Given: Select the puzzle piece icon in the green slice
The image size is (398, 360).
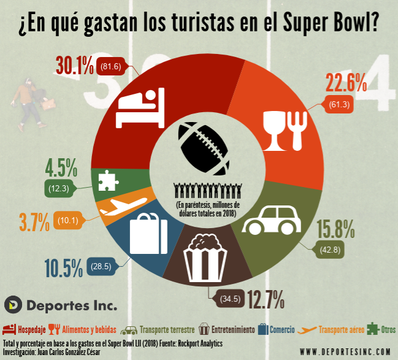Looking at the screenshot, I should point(107,180).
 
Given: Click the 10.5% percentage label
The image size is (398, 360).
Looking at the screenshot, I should point(63,267).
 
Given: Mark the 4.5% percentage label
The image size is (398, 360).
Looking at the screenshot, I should point(61,167).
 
